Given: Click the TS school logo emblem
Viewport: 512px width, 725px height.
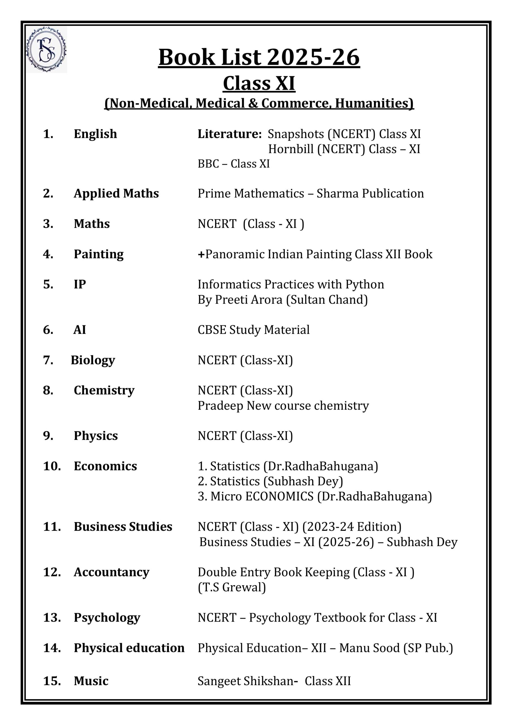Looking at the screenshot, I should click(x=46, y=50).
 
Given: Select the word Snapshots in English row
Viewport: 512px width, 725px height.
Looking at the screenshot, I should click(x=296, y=134).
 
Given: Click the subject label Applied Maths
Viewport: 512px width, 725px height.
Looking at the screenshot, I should click(x=116, y=193).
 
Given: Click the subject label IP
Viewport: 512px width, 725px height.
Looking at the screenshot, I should click(x=80, y=285).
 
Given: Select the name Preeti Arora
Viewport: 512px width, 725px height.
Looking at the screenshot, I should click(x=248, y=300).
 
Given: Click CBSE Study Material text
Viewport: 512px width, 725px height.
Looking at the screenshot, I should click(x=253, y=330).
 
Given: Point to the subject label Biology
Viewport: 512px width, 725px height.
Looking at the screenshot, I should click(x=93, y=360).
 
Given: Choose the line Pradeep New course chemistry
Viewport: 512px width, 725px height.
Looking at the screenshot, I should click(x=283, y=406).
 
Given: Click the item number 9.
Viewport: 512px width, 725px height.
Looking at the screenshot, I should click(x=48, y=436).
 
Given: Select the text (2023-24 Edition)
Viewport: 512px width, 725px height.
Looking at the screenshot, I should click(x=352, y=527).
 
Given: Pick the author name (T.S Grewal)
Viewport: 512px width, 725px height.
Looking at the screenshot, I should click(x=232, y=588).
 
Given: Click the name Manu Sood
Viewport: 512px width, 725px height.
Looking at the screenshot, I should click(x=369, y=648).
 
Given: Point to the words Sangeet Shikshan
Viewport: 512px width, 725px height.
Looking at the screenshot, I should click(x=248, y=681).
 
